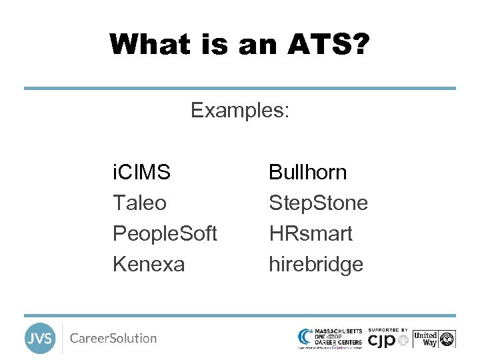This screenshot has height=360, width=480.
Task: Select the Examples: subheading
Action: click(x=240, y=110)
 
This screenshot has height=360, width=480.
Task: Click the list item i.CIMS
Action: click(x=141, y=173)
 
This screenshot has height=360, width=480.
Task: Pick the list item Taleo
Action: click(x=139, y=203)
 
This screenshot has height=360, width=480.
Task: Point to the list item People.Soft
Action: click(x=165, y=233)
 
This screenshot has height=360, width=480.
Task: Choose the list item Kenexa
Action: click(x=149, y=264)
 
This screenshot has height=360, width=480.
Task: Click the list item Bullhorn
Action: click(x=307, y=173)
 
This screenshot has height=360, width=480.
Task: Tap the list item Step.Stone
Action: click(x=318, y=203)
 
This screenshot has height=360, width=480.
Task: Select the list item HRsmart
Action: click(x=311, y=233)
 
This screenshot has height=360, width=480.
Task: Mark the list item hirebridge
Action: click(x=316, y=264)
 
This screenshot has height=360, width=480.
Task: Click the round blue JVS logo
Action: click(x=40, y=339)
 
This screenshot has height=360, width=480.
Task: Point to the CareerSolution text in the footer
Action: click(x=113, y=339)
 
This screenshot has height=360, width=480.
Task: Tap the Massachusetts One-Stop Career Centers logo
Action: click(x=330, y=338)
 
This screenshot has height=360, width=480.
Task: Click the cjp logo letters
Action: click(x=383, y=341)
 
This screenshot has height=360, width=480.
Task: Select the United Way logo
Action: click(x=434, y=339)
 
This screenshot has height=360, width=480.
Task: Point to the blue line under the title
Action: click(x=240, y=88)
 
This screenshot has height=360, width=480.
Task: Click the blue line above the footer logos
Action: click(x=240, y=315)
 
